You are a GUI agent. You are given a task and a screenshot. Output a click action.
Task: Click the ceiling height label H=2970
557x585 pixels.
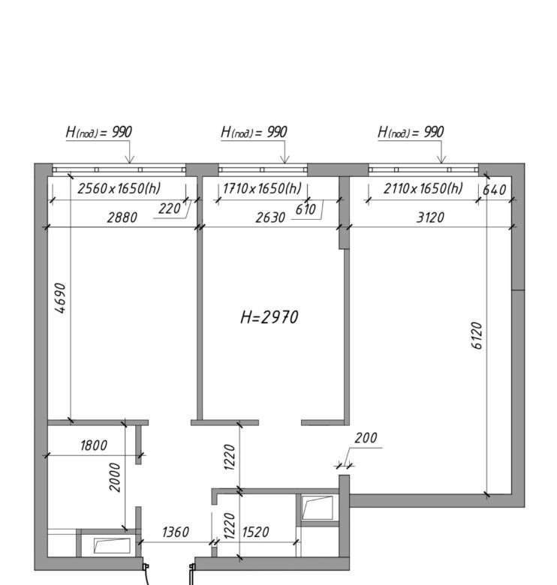269,317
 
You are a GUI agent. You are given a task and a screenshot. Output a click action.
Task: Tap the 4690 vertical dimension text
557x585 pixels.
60,298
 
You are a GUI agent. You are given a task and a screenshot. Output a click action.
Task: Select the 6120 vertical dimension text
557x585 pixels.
477,335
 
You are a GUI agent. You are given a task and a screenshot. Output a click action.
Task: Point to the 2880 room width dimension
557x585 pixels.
122,217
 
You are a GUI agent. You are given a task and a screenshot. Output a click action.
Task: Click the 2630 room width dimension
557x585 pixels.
270,217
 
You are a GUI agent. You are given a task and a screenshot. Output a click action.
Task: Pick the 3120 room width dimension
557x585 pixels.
430,217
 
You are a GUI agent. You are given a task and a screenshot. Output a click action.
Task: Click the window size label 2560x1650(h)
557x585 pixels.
119,188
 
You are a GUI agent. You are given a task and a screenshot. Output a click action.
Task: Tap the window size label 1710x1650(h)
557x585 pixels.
262,188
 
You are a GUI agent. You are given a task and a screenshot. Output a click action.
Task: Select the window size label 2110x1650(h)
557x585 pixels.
423,188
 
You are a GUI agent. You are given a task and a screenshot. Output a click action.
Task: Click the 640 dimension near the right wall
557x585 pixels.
494,190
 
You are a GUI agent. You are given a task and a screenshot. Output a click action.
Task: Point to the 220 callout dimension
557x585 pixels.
170,208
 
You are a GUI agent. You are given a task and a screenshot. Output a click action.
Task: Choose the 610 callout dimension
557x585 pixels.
306,209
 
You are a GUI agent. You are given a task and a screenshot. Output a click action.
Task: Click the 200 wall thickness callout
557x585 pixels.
366,438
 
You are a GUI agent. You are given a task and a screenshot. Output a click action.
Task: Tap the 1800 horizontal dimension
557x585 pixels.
94,445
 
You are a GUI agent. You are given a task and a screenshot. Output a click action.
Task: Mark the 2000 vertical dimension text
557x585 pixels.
115,478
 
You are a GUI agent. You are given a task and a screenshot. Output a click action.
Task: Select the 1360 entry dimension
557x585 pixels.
176,532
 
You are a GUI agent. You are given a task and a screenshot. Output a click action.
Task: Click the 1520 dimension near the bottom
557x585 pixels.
255,532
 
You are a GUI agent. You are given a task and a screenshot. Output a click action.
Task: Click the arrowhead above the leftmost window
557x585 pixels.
129,160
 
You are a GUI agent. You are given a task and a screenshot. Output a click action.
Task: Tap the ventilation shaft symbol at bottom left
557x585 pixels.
112,545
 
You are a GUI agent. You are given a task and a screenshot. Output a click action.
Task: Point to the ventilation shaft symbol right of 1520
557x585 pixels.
318,508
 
